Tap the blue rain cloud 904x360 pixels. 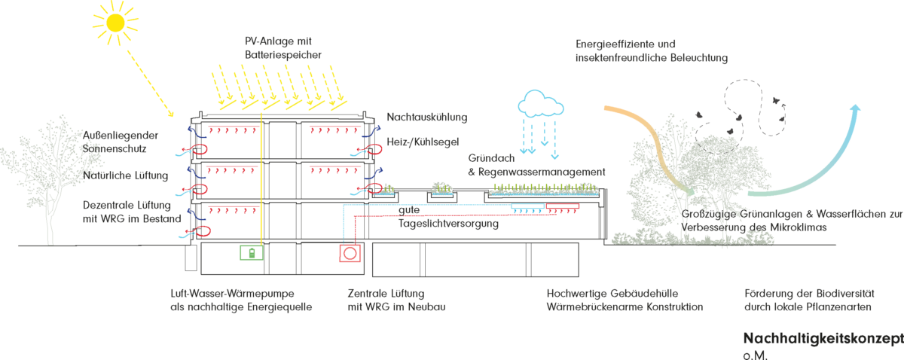(541, 103)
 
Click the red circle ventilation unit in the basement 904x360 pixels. (350, 253)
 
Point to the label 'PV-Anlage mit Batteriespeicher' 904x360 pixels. (283, 47)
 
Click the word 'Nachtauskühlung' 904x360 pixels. (427, 117)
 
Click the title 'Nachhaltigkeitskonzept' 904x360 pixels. (823, 337)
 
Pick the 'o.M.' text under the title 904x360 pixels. (756, 354)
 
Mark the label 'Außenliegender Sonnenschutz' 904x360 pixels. (126, 143)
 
